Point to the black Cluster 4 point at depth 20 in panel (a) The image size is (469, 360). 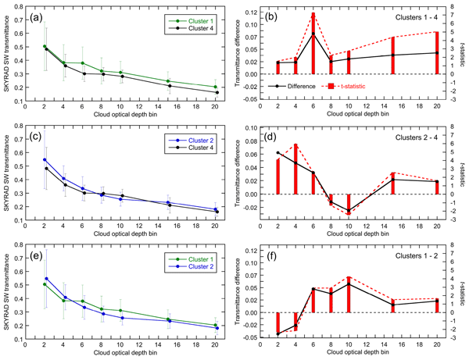click(x=216, y=93)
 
